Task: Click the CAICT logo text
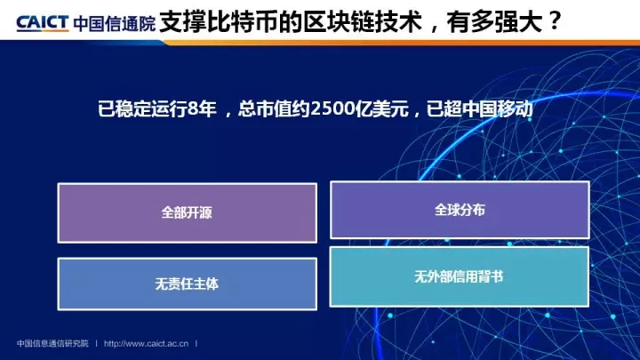pos(42,23)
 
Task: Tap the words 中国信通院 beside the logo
pos(115,24)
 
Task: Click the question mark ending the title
pos(555,21)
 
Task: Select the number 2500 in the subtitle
pos(332,109)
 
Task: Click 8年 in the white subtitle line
pos(202,109)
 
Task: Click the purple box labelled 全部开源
pos(188,213)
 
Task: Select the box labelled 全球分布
pos(460,210)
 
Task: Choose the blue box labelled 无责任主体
pos(188,284)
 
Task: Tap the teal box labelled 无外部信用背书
pos(460,276)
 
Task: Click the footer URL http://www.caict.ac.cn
pos(146,344)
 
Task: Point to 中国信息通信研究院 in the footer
pos(52,344)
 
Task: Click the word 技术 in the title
pos(398,21)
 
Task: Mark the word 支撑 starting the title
pos(183,21)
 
